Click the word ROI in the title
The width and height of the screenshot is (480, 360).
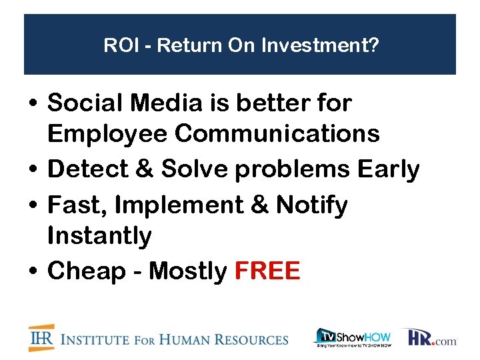point(118,46)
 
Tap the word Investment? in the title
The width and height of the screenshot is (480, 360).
point(321,46)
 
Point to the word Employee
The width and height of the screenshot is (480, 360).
point(107,134)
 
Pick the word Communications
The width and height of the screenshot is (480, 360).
point(277,134)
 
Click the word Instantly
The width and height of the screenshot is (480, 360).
point(100,235)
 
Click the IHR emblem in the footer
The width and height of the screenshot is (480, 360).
point(41,338)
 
